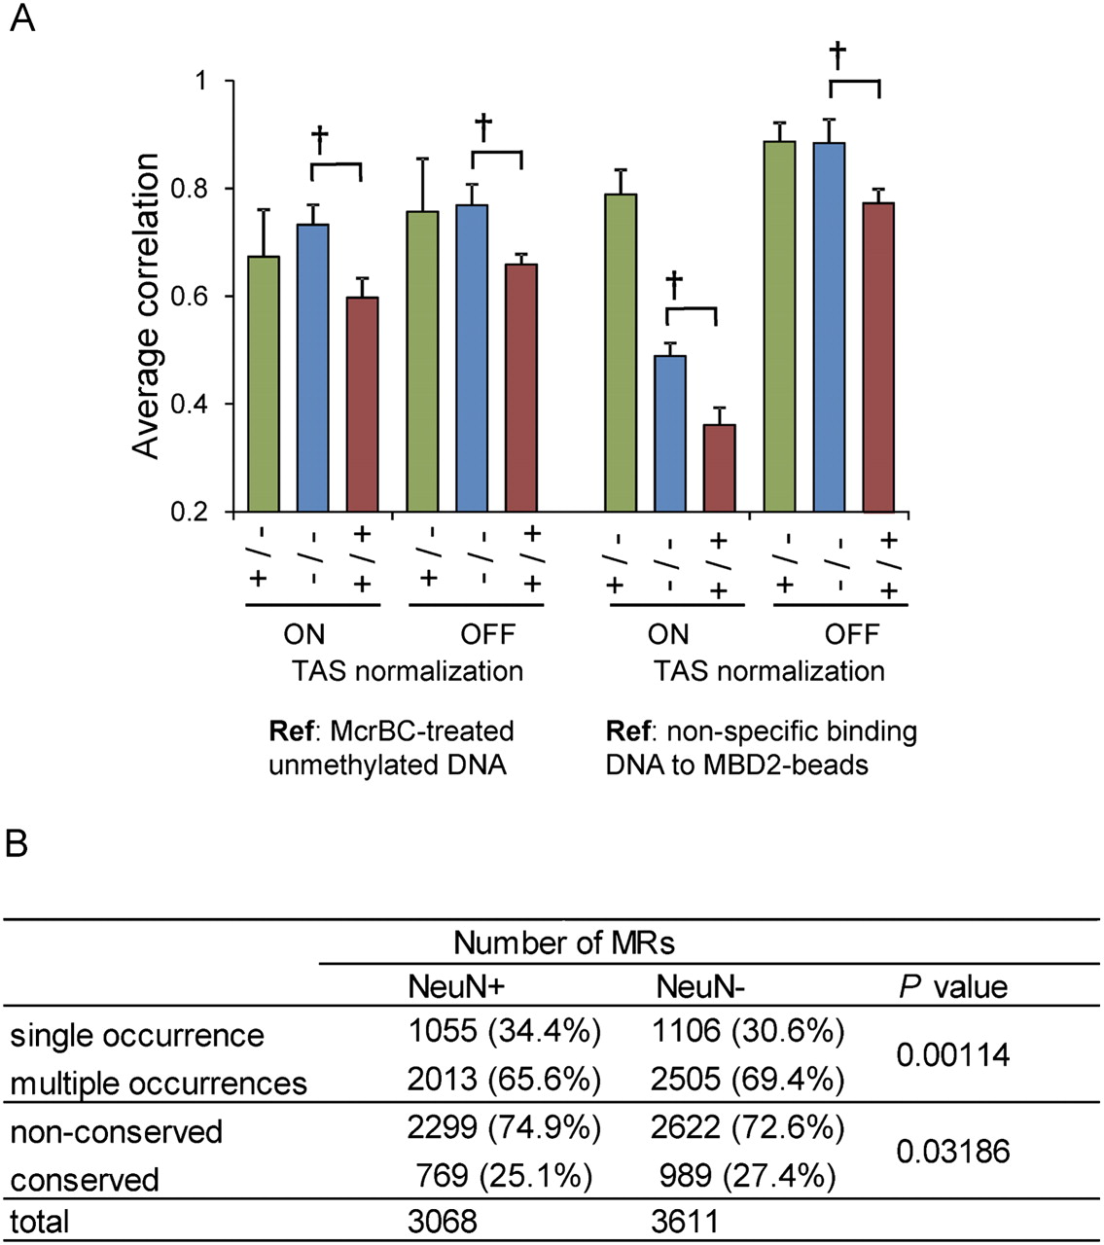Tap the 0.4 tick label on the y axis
[x=199, y=404]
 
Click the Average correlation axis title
[x=146, y=305]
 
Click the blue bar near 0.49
[x=669, y=434]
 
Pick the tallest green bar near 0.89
[x=780, y=326]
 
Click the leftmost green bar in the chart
[x=265, y=383]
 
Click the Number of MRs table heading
[x=563, y=943]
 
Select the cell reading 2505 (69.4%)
[x=749, y=1079]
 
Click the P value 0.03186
[x=953, y=1152]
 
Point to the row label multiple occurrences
[x=159, y=1083]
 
